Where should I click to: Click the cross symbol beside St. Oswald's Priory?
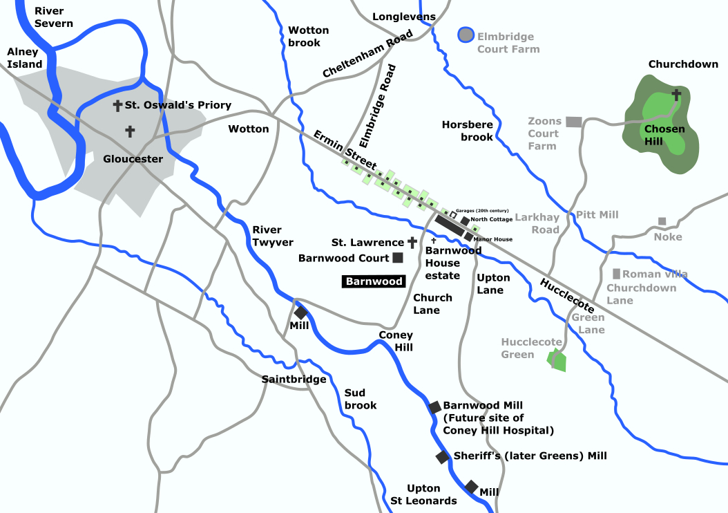(x=117, y=106)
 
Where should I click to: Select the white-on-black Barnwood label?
(x=374, y=281)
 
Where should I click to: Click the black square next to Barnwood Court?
(x=398, y=258)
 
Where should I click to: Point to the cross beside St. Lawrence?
(x=412, y=243)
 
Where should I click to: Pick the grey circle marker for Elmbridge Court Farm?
(x=466, y=35)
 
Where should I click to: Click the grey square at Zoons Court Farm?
(x=573, y=122)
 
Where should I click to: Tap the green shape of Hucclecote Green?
(x=557, y=360)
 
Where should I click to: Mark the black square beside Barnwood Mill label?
(x=435, y=407)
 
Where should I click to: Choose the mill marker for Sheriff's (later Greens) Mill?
(x=442, y=457)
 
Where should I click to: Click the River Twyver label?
(x=273, y=236)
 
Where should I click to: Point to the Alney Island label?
(x=25, y=58)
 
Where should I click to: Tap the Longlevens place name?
(x=404, y=17)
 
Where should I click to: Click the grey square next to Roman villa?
(x=616, y=274)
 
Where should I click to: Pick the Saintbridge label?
(x=294, y=379)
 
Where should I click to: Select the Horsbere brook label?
(x=468, y=131)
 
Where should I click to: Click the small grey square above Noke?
(x=662, y=221)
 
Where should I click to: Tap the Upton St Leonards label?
(x=423, y=494)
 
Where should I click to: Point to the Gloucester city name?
(x=133, y=159)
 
